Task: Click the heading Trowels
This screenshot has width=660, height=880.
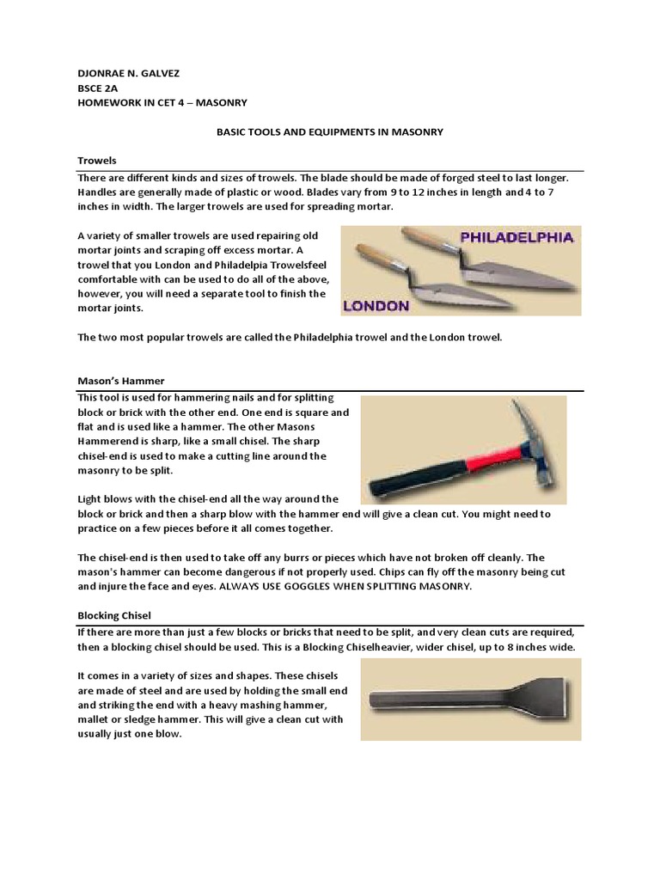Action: tap(97, 161)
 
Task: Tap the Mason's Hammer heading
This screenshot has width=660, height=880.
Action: tap(120, 380)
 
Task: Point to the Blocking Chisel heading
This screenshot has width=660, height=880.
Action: tap(116, 616)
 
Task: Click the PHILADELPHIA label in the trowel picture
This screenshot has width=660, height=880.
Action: tap(518, 238)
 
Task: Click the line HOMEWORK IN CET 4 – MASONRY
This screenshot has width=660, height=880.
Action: tap(162, 102)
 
